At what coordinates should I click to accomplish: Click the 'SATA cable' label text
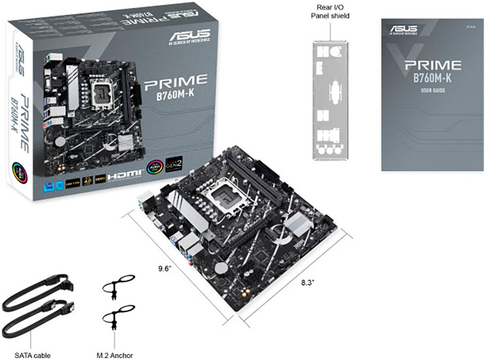pos(32,355)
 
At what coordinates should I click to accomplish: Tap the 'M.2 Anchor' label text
pos(115,355)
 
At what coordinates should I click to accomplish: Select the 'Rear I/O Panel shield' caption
pos(330,12)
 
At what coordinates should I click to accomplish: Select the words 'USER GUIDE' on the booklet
pos(432,91)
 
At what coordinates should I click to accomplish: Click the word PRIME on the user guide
pos(432,66)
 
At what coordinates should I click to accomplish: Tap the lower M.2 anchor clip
pos(116,315)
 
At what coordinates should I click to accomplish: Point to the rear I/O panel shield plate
pos(330,98)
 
